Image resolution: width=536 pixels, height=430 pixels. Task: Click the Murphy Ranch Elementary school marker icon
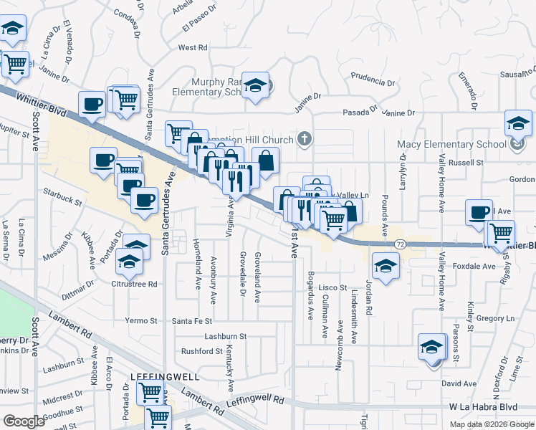(x=254, y=85)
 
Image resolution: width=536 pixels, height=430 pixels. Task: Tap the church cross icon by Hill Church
(x=305, y=138)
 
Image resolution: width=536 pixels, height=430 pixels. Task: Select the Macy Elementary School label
(x=451, y=144)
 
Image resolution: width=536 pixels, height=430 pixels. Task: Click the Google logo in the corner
(x=24, y=421)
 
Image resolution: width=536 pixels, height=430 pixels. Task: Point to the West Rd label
(x=193, y=48)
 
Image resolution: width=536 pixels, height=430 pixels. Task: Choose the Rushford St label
(x=201, y=351)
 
